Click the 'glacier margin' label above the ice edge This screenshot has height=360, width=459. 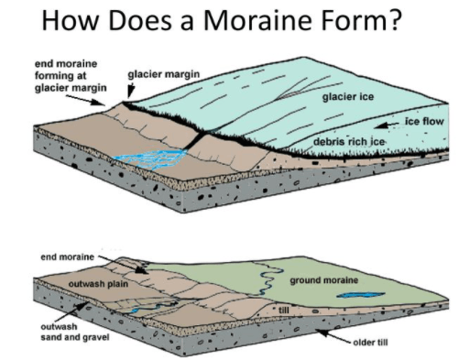[x=163, y=74]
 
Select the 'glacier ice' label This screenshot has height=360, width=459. [x=348, y=97]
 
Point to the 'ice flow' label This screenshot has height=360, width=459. [x=424, y=121]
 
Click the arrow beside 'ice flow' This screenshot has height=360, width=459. [x=387, y=125]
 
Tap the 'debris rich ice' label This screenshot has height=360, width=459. [x=349, y=142]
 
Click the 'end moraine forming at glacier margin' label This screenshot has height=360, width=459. [x=71, y=76]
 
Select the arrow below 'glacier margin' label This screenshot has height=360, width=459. [x=131, y=91]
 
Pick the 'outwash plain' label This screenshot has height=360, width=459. [x=98, y=284]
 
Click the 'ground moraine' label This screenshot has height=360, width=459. [x=323, y=280]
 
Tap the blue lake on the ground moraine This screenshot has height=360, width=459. [x=360, y=295]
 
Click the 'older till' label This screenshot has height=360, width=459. [x=370, y=343]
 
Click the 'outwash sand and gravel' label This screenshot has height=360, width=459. [x=75, y=332]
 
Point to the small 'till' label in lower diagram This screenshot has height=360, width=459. [x=283, y=311]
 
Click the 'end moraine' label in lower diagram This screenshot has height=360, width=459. [x=67, y=257]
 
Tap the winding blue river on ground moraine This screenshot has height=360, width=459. [x=268, y=278]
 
